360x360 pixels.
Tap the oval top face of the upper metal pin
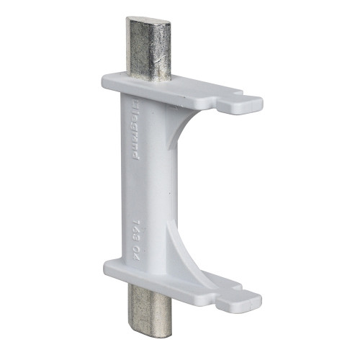click(149, 23)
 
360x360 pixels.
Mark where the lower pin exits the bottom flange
click(147, 287)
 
